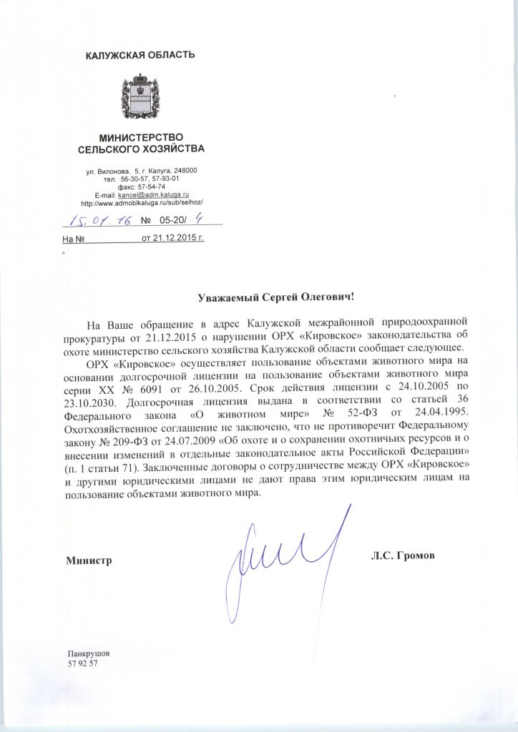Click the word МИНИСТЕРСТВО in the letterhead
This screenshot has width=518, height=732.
tap(141, 137)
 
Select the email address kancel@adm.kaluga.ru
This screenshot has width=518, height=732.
tap(152, 194)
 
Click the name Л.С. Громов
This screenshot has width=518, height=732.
tap(403, 555)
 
